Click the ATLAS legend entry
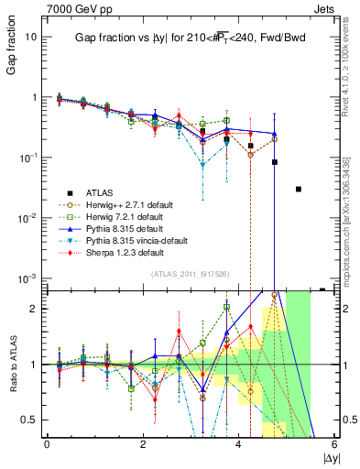[102, 192]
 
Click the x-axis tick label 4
[239, 445]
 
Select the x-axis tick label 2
[143, 445]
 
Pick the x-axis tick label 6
[334, 445]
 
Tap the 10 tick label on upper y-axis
[32, 38]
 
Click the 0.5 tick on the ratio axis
[30, 420]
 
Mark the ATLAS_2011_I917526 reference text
[190, 274]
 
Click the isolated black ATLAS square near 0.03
[299, 189]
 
